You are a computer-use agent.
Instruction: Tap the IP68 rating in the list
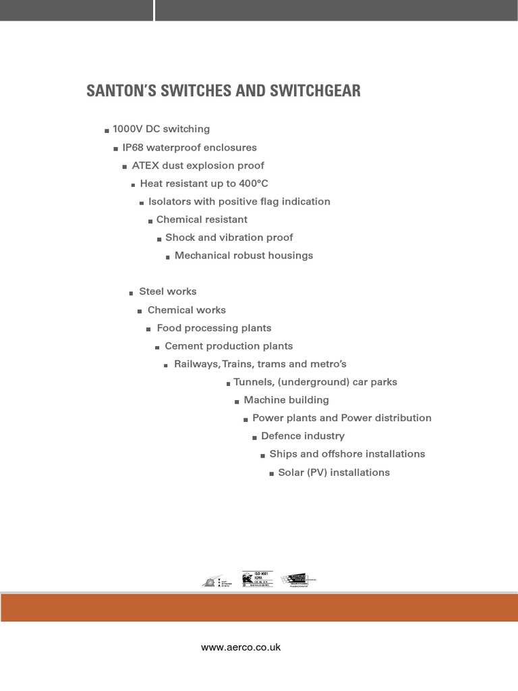(x=133, y=147)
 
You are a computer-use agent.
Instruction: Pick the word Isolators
(x=169, y=201)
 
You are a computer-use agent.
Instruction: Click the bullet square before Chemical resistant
(x=150, y=221)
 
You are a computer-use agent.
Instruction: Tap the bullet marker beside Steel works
(x=132, y=294)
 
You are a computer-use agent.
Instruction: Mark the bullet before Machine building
(x=237, y=402)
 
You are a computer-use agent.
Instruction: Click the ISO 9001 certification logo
(x=256, y=580)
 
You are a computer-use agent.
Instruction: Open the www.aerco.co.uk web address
(x=241, y=648)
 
